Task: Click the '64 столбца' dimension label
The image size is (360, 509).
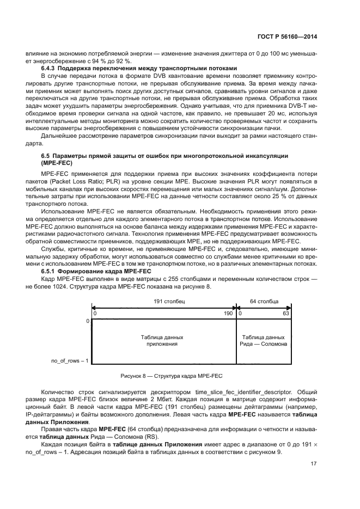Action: point(263,301)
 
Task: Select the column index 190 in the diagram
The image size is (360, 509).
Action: point(228,314)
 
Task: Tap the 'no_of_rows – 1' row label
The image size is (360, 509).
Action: point(70,360)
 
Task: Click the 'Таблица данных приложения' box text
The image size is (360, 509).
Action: point(162,341)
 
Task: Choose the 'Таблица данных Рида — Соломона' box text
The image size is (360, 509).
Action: point(263,341)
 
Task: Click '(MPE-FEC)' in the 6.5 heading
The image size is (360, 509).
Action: point(56,163)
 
